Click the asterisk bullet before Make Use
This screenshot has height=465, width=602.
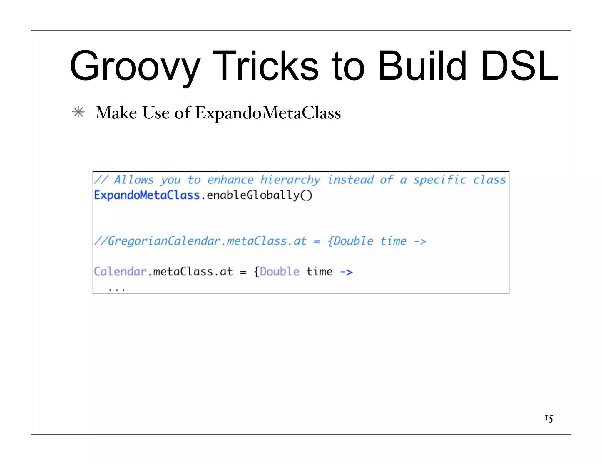click(x=78, y=113)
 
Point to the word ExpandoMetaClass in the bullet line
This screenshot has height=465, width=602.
click(x=267, y=113)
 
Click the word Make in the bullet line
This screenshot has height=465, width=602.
click(x=116, y=113)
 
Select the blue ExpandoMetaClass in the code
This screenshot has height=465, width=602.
click(x=147, y=195)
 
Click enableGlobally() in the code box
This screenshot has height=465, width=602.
click(x=260, y=195)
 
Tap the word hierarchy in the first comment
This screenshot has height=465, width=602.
click(x=290, y=180)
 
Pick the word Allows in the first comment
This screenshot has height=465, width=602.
click(x=134, y=180)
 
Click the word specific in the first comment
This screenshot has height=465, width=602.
click(x=440, y=180)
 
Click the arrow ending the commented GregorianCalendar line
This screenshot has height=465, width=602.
click(x=420, y=242)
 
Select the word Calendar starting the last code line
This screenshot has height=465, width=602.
click(x=120, y=272)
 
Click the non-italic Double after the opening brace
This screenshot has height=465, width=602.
click(x=280, y=272)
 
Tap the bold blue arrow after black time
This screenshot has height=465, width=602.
click(x=346, y=272)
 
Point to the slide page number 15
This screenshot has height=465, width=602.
click(x=549, y=418)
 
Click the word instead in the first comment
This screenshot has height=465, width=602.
click(x=350, y=180)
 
